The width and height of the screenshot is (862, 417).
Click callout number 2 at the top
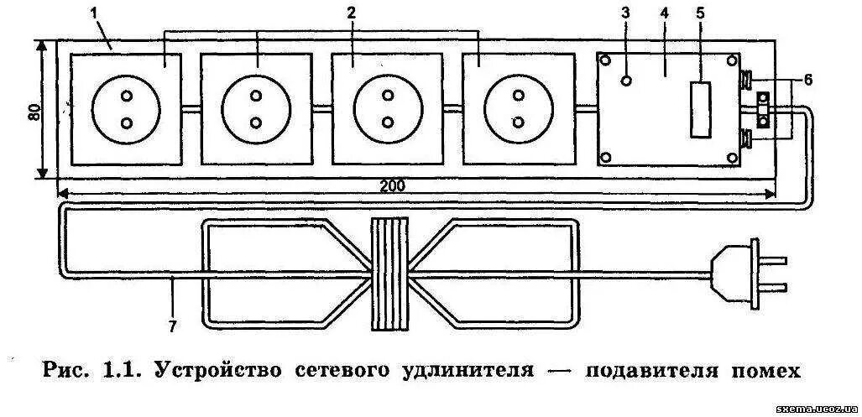point(351,14)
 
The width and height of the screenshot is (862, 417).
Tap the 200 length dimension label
point(391,186)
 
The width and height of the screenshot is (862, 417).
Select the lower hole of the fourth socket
point(519,123)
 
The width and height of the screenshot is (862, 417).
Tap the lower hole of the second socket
point(257,123)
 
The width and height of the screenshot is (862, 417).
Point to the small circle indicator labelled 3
point(625,81)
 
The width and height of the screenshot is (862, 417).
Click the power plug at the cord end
point(747,273)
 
